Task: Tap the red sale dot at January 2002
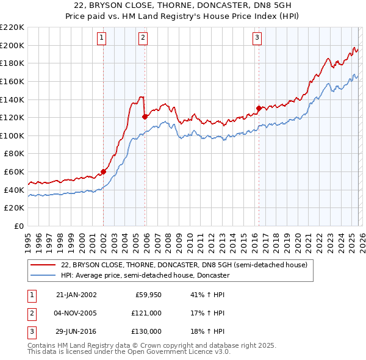[x=103, y=171]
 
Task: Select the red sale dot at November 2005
[x=145, y=117]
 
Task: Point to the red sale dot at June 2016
[x=259, y=108]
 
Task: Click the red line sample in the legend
[x=44, y=265]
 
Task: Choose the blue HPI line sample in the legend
[x=44, y=275]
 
